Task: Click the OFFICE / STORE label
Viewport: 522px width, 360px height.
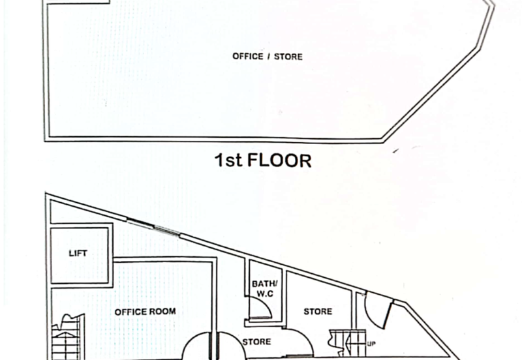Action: (x=268, y=57)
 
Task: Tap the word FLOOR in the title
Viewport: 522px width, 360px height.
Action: (x=279, y=160)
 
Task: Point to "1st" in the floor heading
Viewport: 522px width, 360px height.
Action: (x=228, y=160)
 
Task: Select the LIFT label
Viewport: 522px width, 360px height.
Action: (x=78, y=254)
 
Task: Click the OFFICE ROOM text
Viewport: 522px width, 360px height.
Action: (x=145, y=312)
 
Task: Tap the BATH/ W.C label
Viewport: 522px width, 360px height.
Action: (x=265, y=289)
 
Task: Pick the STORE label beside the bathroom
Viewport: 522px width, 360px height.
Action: (x=318, y=312)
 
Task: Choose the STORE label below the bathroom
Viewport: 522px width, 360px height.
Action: (x=256, y=342)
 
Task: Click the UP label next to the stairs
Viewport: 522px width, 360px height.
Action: (x=371, y=344)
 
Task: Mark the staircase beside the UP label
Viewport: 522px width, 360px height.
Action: (x=347, y=343)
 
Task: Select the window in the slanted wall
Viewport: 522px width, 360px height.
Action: (x=153, y=226)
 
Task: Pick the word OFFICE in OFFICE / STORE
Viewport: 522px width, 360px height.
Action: (x=248, y=57)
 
